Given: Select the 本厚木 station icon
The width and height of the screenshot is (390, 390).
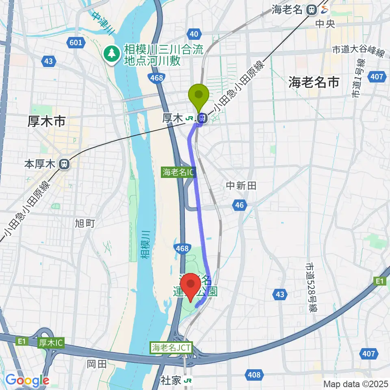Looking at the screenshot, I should (63, 164).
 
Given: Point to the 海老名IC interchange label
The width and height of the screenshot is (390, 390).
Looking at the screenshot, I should (178, 172).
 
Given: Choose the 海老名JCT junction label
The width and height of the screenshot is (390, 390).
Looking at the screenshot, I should (171, 348).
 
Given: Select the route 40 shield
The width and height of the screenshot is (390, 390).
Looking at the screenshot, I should (194, 35).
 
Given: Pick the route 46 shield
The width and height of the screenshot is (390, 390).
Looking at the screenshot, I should (239, 205).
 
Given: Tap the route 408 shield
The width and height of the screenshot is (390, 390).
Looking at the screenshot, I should (254, 374).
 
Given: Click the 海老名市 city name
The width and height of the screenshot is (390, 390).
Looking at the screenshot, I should (314, 82).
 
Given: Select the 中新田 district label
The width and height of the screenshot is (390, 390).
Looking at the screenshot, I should (241, 186).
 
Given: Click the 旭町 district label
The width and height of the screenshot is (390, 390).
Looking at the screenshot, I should (85, 223).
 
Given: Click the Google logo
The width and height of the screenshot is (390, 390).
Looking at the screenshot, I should (27, 380).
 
